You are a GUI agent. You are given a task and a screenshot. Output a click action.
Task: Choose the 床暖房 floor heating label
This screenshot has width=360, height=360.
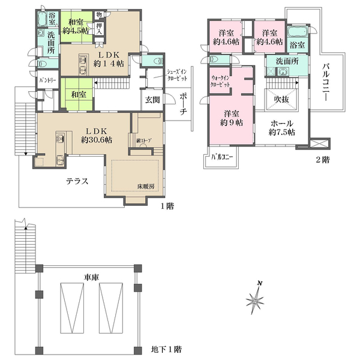148,187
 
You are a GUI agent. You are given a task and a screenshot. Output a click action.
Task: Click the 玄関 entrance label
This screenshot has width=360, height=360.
151,100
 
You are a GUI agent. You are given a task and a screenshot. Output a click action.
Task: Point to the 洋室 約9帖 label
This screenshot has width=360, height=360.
232,118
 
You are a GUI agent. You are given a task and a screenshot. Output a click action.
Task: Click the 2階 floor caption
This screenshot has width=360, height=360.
322,161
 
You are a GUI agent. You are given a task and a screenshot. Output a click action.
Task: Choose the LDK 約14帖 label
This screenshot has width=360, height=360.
98,58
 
